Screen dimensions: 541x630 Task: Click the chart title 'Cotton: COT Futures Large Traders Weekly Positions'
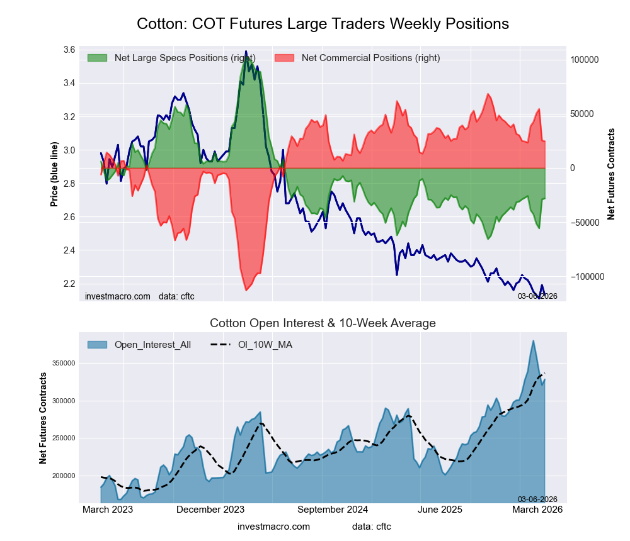point(323,24)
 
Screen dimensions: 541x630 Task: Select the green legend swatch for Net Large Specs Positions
point(97,58)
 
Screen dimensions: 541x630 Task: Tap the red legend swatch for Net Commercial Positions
point(285,58)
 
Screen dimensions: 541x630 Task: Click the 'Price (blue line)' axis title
point(54,175)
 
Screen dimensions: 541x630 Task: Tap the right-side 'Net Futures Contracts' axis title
point(611,174)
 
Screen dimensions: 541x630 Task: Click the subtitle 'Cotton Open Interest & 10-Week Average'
point(323,323)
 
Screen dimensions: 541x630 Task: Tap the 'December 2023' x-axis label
point(211,510)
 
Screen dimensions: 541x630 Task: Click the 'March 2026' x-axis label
point(537,510)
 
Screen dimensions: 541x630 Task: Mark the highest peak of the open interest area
point(534,341)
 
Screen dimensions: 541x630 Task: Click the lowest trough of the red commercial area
point(246,290)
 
